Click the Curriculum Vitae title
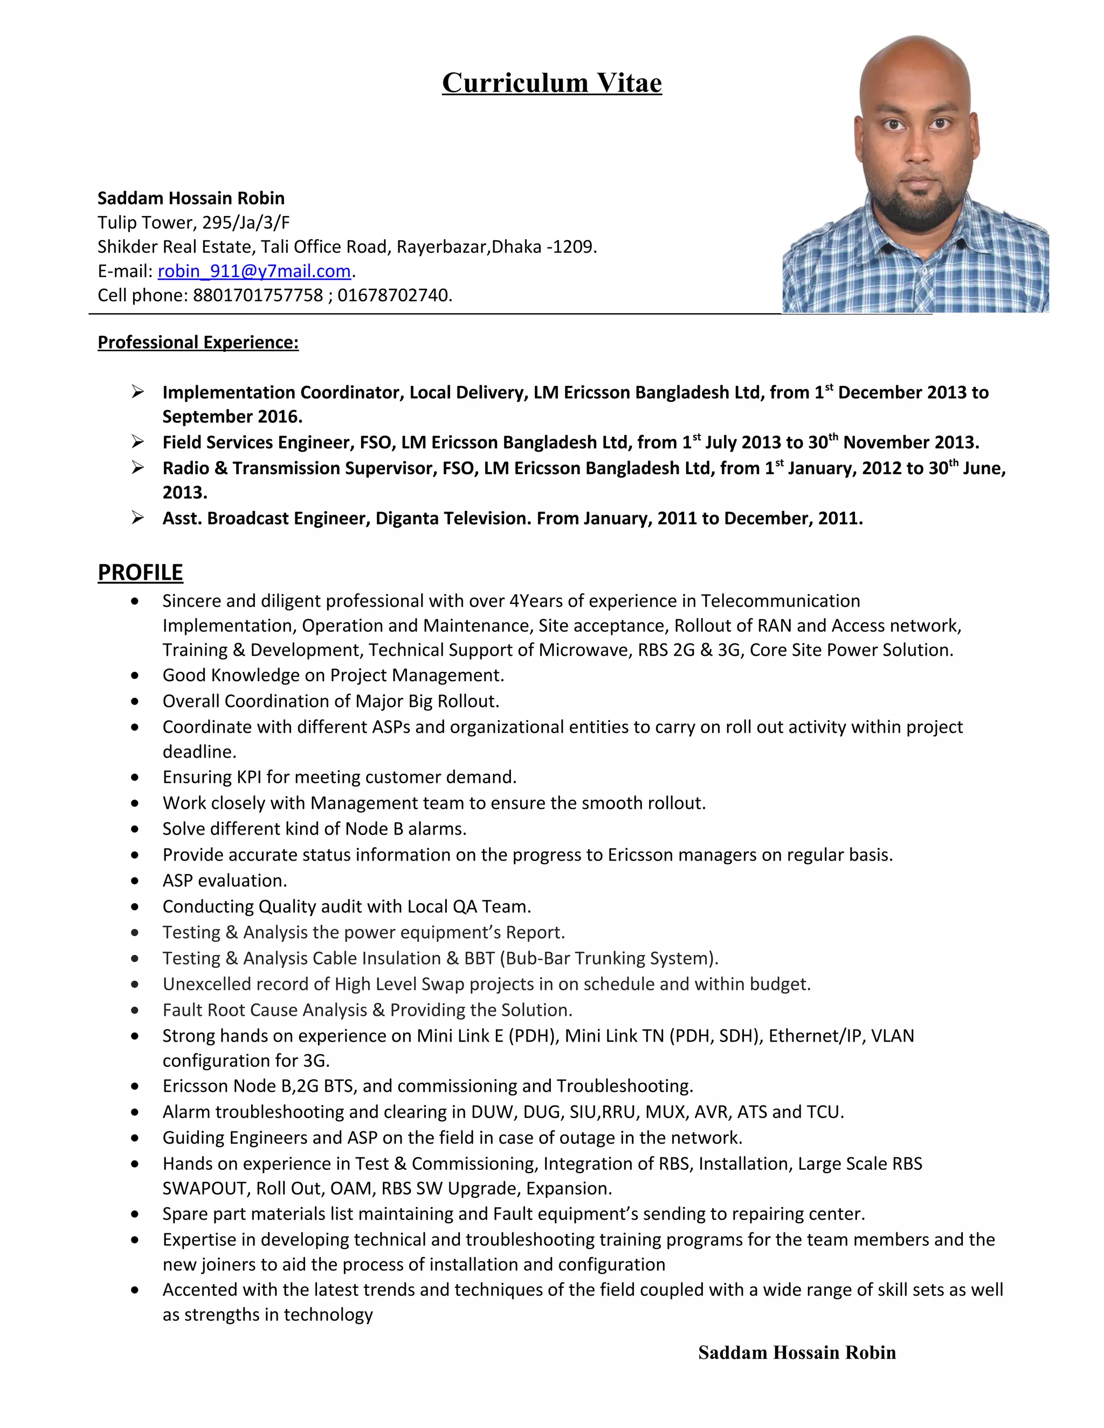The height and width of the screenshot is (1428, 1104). click(551, 83)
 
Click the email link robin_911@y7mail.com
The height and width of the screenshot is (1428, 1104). click(254, 271)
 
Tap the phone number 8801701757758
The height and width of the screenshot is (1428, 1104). click(258, 295)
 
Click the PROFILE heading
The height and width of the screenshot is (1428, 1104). click(140, 572)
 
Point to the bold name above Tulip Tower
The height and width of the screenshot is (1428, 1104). click(190, 198)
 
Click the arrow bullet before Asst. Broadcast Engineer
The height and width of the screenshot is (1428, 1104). click(137, 518)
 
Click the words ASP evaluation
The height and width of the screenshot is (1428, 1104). click(224, 881)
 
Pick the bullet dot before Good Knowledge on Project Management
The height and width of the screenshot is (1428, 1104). click(135, 675)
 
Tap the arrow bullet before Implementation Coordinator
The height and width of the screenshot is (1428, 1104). click(137, 392)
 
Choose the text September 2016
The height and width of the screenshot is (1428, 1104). click(232, 417)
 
